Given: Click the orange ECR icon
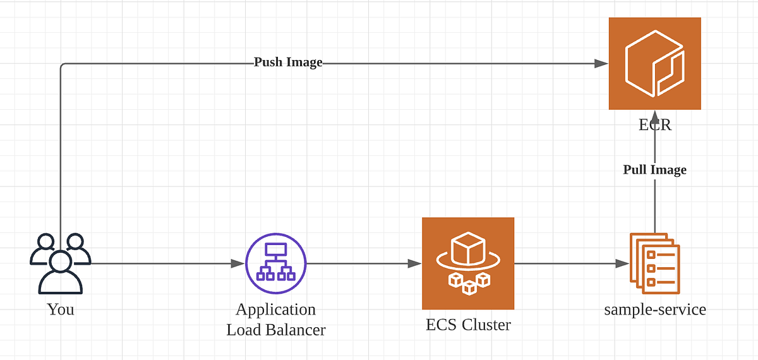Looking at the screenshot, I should point(654,63).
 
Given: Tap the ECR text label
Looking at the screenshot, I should point(654,124).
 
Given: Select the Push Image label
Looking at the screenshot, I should point(288,63).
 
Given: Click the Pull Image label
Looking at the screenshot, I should point(654,169).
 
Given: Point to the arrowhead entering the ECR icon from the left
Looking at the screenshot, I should point(601,63).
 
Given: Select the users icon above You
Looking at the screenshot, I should point(60,264).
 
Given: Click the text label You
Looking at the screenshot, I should point(61,309).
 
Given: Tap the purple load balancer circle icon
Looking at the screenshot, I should point(276,263).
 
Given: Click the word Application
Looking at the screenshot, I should point(275,309).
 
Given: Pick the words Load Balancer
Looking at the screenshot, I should point(276,330).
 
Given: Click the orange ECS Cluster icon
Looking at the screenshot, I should point(468,263).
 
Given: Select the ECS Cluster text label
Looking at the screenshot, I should point(468,325).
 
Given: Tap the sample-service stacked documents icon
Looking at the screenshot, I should point(654,263).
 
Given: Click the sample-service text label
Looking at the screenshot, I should point(655,309).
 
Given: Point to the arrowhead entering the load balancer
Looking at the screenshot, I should point(238,263).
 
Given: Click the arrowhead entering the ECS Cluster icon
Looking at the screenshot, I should point(415,263).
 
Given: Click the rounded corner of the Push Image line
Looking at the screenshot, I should point(63,66).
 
